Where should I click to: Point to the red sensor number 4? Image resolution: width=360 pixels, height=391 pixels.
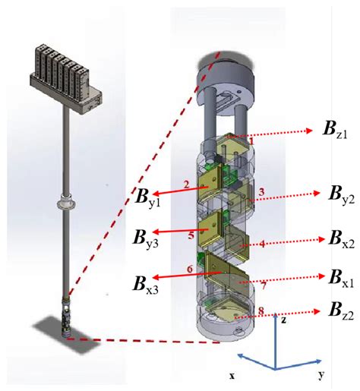click(262, 244)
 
